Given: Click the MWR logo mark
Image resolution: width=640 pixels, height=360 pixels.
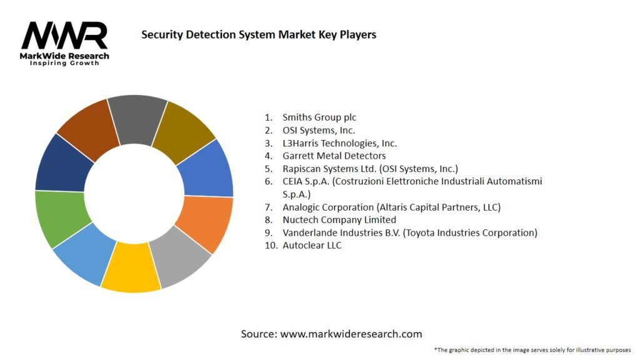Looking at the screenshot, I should pos(64,36).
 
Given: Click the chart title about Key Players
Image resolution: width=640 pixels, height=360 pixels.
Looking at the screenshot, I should pos(259,35).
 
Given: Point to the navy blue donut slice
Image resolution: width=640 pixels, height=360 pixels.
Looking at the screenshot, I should pos(63,164).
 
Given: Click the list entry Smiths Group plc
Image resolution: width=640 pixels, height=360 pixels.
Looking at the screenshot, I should pos(319,117).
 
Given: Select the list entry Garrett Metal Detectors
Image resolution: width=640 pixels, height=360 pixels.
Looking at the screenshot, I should pos(334,156).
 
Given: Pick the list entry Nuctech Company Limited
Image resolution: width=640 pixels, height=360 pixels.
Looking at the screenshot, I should pos(339,220).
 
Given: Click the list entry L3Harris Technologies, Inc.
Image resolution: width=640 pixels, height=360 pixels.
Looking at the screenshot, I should pos(339,143).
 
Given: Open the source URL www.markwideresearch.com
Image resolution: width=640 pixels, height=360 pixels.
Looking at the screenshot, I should pos(351,334).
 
